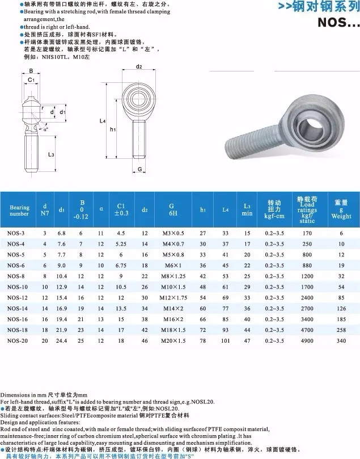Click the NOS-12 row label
17,298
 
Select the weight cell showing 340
341,341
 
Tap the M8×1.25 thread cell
173,276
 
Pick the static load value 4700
307,330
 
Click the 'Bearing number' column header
19,210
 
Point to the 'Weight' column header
341,216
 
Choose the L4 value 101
226,341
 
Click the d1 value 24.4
62,341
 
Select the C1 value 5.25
121,244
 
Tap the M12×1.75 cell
173,298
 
